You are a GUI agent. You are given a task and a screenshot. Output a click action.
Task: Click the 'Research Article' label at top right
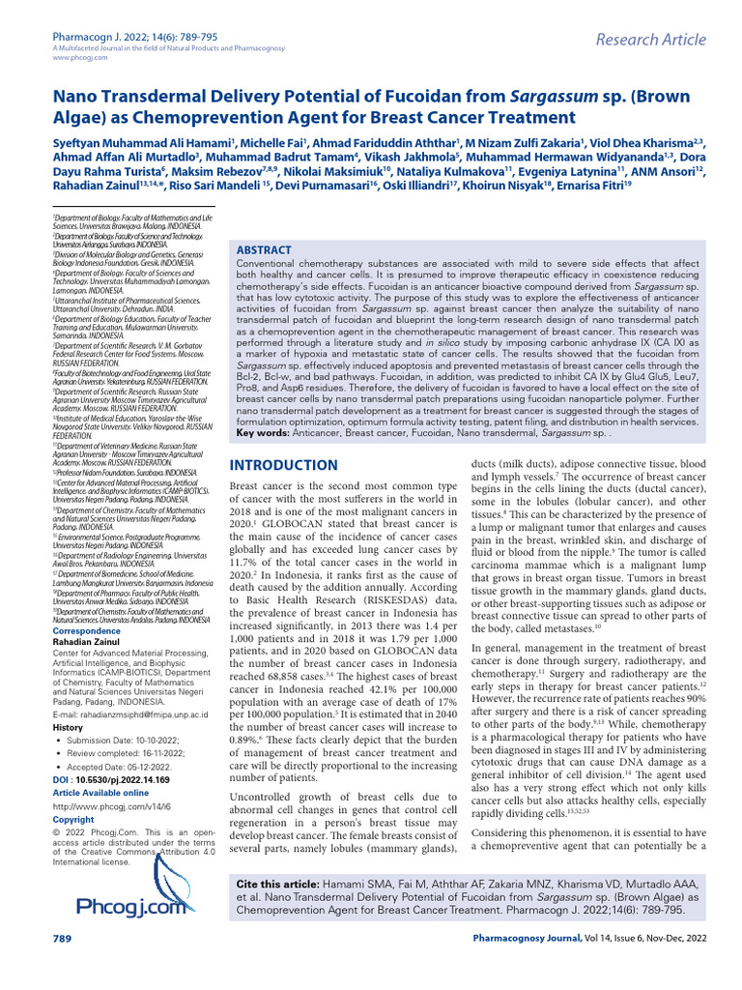648,39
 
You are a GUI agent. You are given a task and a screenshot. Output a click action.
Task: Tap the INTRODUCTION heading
282,465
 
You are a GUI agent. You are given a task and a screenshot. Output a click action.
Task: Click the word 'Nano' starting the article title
78,100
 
